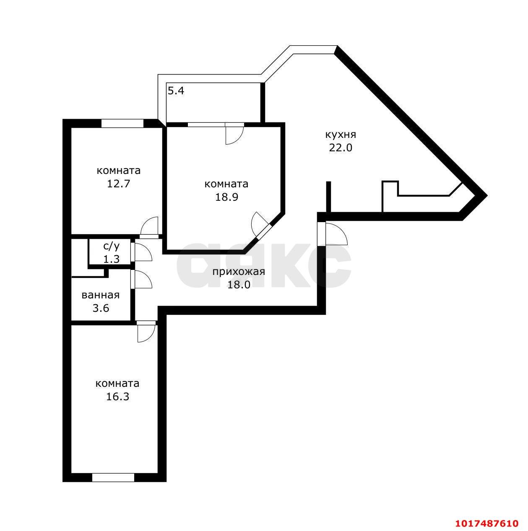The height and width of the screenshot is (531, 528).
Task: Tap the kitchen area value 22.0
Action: (341, 148)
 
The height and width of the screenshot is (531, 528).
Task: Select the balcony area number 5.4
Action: (176, 91)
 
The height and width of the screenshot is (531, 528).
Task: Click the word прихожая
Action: (238, 272)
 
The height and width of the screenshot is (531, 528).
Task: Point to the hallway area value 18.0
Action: (239, 285)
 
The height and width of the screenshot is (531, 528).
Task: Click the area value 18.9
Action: (226, 197)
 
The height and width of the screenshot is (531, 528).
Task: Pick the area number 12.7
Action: (118, 184)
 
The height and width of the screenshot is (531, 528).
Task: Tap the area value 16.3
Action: (117, 396)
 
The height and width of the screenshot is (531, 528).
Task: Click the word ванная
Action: (101, 295)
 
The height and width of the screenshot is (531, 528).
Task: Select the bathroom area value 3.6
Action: (101, 308)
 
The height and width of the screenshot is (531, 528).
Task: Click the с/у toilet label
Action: (112, 246)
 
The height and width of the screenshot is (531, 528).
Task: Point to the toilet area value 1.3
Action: (112, 259)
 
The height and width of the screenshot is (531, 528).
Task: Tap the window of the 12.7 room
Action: (122, 123)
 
